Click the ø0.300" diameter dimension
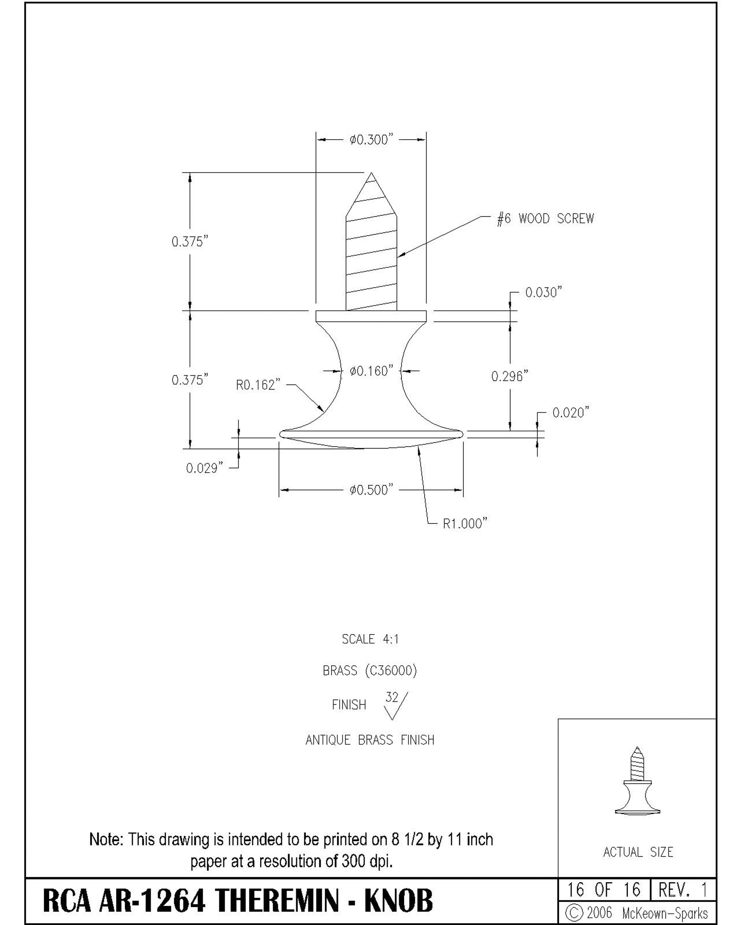point(371,140)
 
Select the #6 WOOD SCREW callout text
point(545,219)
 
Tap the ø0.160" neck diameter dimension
point(371,371)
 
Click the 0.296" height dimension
point(510,376)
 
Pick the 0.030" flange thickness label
point(544,292)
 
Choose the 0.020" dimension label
point(571,413)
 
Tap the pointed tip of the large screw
point(371,173)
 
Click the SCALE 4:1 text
point(370,639)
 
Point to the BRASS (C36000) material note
point(370,671)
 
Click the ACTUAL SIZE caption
point(638,852)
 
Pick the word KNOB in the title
point(398,901)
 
